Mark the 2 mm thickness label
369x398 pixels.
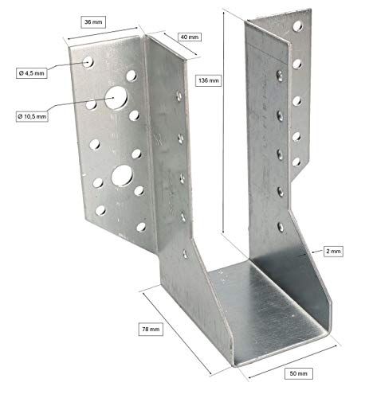334,251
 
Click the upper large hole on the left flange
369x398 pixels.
117,99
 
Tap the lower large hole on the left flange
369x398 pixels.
122,174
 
